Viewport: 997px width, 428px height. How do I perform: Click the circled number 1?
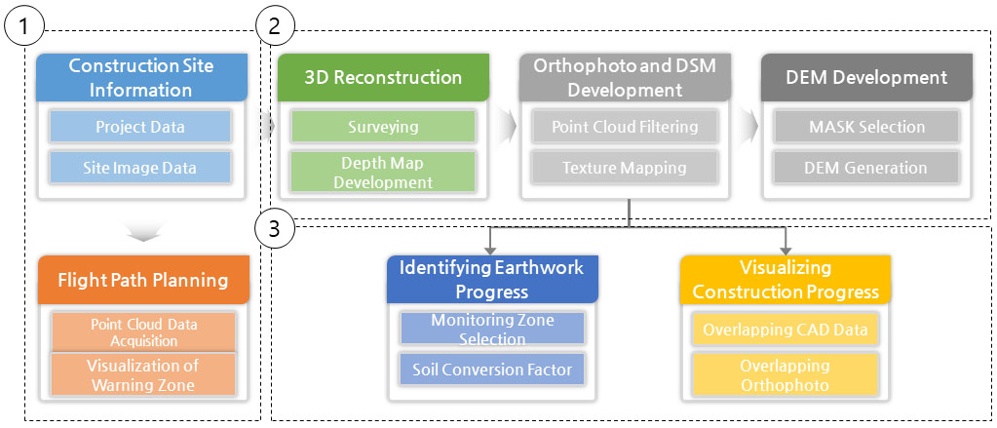point(24,26)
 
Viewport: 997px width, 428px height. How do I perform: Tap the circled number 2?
point(274,26)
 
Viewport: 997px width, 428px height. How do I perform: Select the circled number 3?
point(274,229)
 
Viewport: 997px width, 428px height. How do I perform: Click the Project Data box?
point(140,127)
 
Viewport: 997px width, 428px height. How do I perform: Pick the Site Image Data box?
point(140,168)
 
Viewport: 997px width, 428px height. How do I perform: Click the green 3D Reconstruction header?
point(383,78)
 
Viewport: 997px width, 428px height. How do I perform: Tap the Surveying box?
point(383,127)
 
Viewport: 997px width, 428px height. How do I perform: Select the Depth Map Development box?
point(383,172)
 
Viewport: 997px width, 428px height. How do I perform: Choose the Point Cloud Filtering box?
point(625,127)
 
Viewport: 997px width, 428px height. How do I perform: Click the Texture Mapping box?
point(625,168)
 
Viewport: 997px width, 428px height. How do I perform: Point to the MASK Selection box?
point(866,127)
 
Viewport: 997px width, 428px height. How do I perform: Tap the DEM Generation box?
point(866,168)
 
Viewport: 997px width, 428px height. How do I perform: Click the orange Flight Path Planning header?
point(143,280)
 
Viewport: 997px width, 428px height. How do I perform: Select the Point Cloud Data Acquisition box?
point(143,332)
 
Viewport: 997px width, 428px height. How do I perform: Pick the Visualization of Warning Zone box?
point(143,374)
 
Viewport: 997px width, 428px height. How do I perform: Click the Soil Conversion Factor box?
point(492,370)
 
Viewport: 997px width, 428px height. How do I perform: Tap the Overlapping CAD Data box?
point(786,330)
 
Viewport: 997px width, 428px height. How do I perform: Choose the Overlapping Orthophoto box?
point(786,374)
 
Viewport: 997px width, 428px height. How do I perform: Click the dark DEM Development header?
point(866,78)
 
